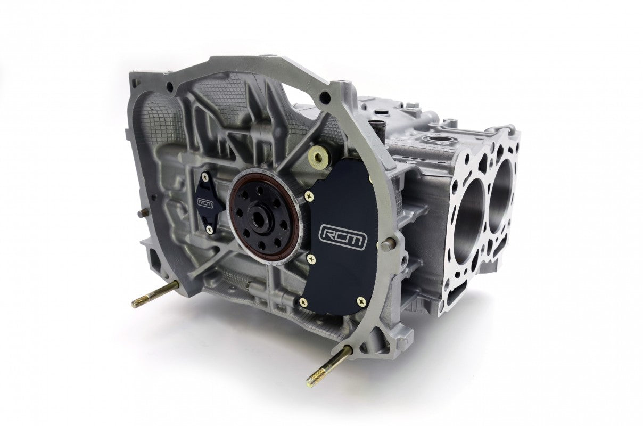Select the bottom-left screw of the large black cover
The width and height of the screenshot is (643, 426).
(304, 301)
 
